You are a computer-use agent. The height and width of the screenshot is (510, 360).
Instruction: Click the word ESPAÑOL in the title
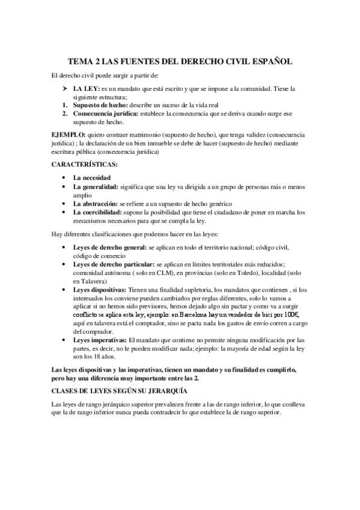[269, 61]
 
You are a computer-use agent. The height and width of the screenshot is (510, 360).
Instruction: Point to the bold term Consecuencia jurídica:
[105, 113]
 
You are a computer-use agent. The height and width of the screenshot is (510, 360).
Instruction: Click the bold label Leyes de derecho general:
[109, 247]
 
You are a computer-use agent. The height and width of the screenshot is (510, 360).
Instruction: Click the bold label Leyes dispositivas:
[100, 289]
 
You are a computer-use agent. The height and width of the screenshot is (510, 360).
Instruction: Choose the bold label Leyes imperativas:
[100, 340]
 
